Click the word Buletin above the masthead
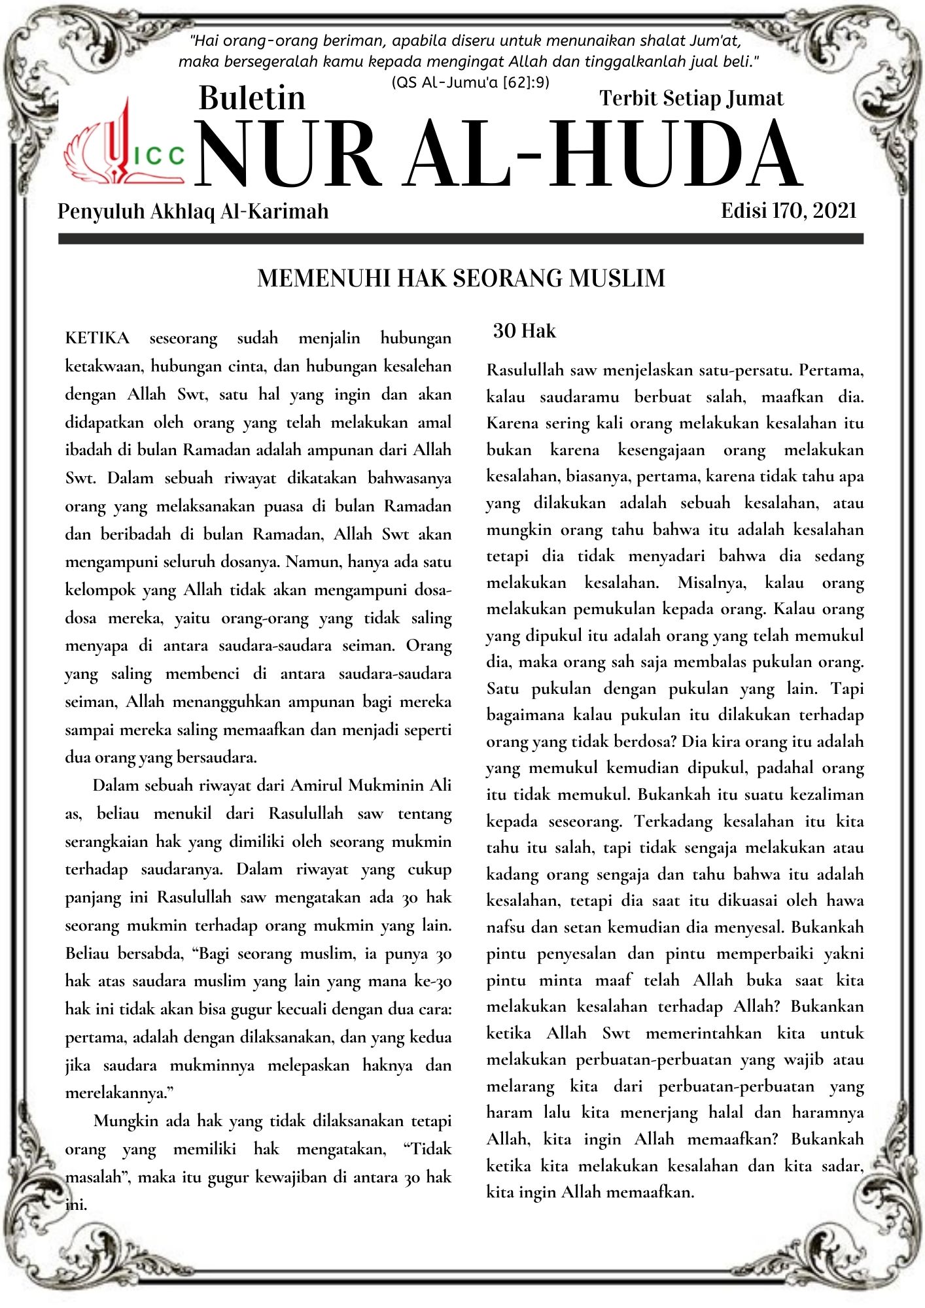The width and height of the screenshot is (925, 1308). pos(252,98)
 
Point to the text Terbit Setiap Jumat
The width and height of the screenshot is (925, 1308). pos(691,98)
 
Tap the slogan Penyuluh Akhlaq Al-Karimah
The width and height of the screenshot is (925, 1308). pos(193,211)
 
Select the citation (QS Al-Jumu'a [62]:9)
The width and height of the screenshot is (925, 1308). pos(470,82)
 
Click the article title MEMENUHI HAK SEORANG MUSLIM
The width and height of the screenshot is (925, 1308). pos(461,278)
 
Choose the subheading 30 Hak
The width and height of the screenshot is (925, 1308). pos(524,331)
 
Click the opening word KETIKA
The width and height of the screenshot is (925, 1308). pos(97,338)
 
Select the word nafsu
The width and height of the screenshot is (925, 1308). pos(506,927)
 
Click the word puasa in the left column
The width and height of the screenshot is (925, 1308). pos(286,506)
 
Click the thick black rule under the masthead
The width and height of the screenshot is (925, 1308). pos(461,239)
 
